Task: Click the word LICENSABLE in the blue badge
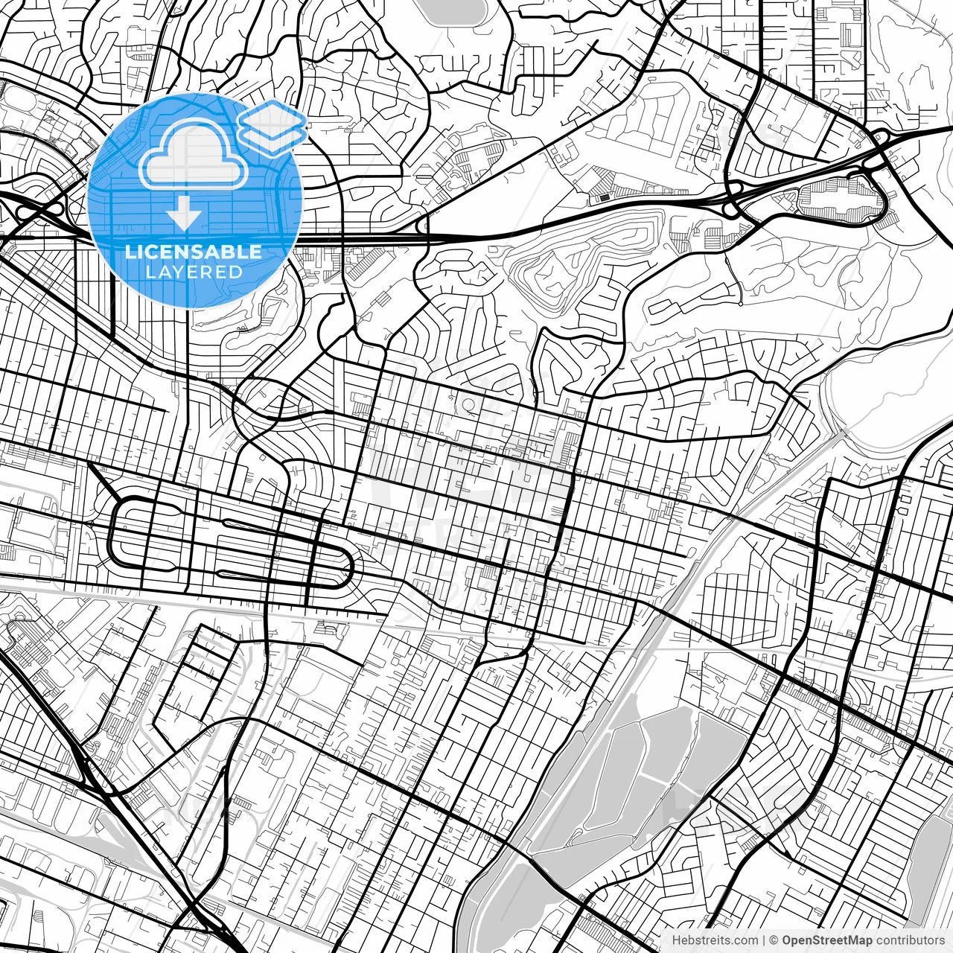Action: point(194,252)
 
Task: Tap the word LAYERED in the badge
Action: point(194,272)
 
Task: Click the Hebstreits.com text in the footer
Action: point(714,940)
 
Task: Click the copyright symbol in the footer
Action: point(774,940)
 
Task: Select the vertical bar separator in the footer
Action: point(763,940)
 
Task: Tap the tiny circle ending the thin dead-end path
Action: point(742,303)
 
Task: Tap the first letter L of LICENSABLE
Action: point(130,252)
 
